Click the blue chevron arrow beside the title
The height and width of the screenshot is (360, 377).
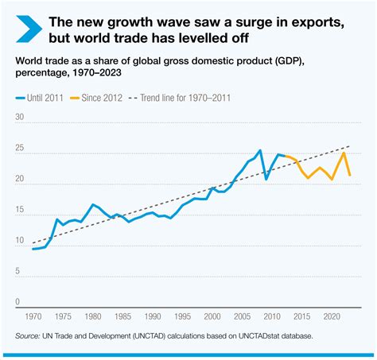[x=25, y=29]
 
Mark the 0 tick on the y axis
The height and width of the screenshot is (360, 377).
[x=17, y=302]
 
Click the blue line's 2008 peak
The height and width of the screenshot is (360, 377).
[x=260, y=150]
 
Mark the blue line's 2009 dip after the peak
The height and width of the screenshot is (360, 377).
[x=266, y=179]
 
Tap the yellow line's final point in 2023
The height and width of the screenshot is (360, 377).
[x=350, y=175]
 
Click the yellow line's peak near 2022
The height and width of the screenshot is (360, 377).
[x=344, y=153]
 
